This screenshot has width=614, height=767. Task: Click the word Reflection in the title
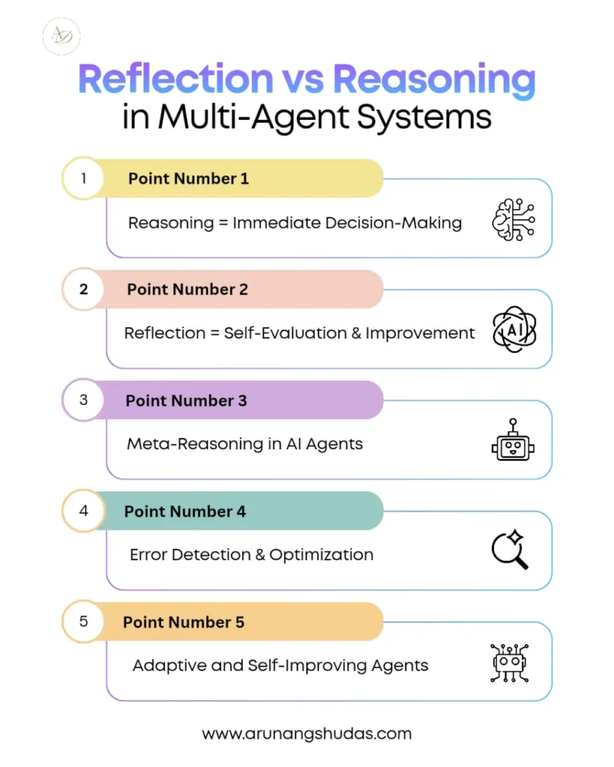(x=176, y=79)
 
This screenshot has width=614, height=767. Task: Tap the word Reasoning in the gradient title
(x=434, y=79)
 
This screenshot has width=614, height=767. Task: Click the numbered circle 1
(x=83, y=178)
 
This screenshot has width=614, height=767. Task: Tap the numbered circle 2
(x=83, y=289)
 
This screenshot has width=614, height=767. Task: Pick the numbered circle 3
(x=83, y=400)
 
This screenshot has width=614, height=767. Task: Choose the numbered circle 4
(x=83, y=511)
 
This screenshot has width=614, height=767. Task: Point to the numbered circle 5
(x=83, y=622)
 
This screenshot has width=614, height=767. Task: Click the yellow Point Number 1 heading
(x=188, y=178)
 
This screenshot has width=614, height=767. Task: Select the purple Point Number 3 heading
(x=186, y=400)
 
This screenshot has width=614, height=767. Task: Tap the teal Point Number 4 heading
(x=184, y=511)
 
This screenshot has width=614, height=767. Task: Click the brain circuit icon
(x=513, y=219)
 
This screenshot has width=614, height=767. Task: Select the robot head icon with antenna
(x=513, y=440)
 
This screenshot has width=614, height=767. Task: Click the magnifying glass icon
(x=510, y=551)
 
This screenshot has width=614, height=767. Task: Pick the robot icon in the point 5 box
(x=511, y=662)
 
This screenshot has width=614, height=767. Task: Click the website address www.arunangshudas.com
(x=307, y=733)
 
